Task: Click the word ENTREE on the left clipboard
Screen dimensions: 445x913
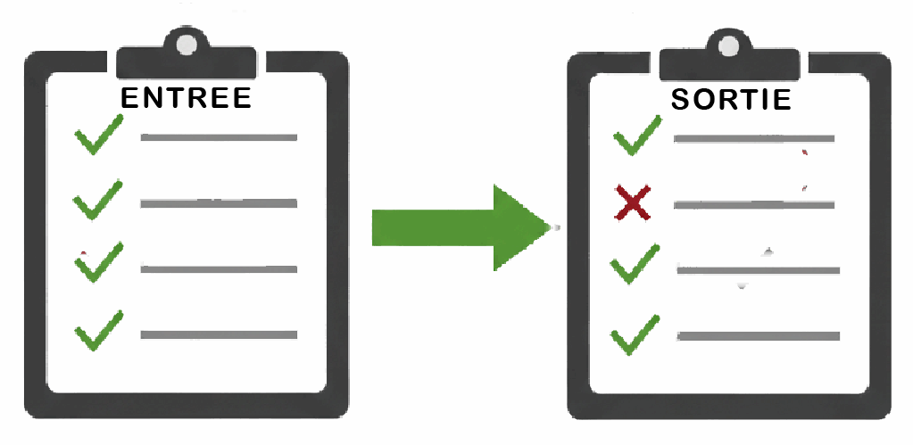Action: (x=186, y=97)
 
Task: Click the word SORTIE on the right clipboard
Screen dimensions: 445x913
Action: (x=731, y=99)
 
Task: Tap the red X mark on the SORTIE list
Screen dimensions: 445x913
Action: (x=633, y=202)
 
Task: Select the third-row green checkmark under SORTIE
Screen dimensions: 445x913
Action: (x=635, y=264)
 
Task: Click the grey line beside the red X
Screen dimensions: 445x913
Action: (x=753, y=205)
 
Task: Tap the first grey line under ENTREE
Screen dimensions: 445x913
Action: (x=219, y=137)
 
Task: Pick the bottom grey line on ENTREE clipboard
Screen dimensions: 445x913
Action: (x=219, y=334)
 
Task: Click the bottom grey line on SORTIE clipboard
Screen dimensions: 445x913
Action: (x=759, y=336)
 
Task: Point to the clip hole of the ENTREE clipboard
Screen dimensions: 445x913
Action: (x=187, y=44)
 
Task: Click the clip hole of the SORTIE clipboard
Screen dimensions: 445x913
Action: (x=728, y=45)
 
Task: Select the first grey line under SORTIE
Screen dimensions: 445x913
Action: (x=753, y=139)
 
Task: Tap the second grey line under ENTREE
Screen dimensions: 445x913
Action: (x=219, y=203)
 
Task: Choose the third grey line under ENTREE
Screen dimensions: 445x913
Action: (x=219, y=268)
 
